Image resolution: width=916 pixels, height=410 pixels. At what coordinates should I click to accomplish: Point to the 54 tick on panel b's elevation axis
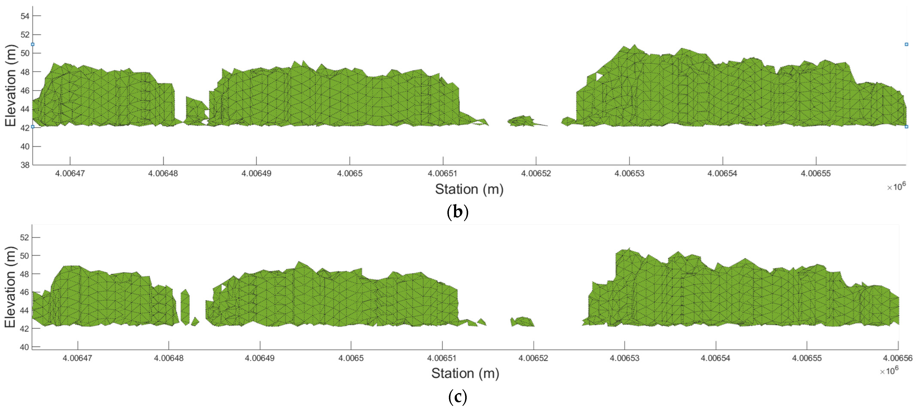point(25,16)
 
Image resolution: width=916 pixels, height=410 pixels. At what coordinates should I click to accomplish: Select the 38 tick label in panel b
point(25,165)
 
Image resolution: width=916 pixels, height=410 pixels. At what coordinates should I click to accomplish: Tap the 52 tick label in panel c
point(24,237)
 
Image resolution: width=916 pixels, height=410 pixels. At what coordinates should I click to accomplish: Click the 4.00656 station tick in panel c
point(898,358)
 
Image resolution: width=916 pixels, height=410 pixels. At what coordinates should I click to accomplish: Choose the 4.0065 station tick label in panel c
point(351,358)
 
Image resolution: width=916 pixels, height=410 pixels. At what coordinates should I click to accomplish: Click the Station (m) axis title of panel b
point(469,189)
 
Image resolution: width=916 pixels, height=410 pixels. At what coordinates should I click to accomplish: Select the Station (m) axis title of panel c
point(465,373)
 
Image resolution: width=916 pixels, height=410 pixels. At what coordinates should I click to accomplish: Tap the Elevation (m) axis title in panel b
point(11,85)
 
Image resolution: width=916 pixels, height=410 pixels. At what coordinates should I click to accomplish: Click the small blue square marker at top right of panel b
point(906,44)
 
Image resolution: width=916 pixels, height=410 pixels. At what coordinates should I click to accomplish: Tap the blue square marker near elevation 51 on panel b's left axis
point(33,44)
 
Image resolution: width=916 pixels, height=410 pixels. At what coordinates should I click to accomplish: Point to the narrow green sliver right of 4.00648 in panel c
point(185,306)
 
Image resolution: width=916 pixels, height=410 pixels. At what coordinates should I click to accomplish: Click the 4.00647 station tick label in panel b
point(70,174)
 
